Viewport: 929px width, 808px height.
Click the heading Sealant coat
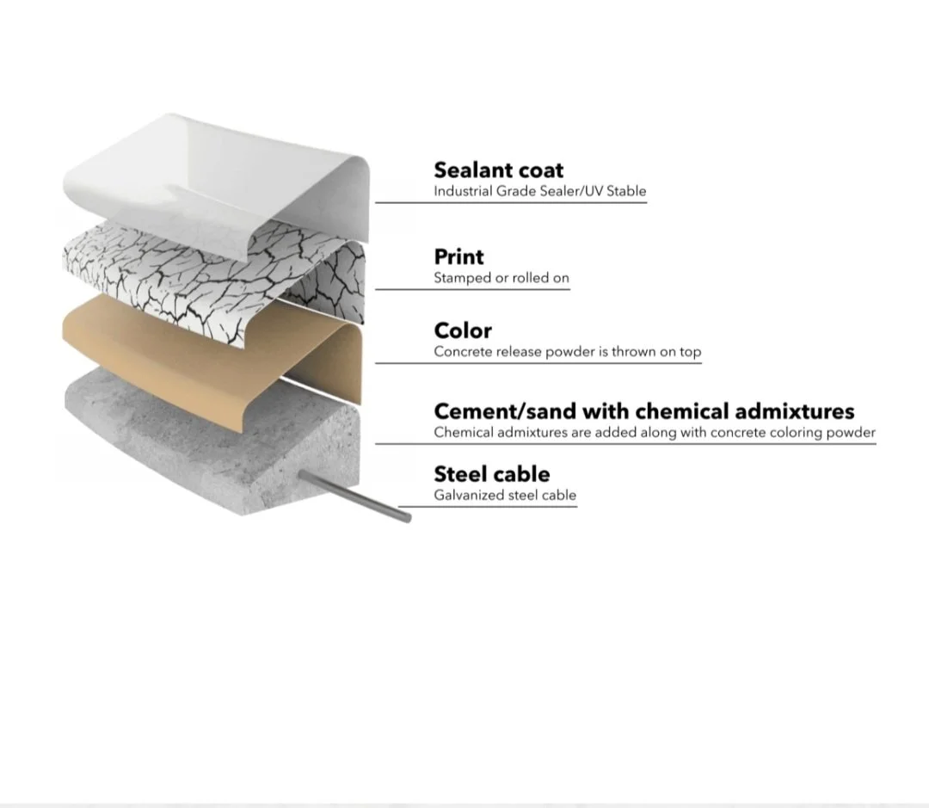(499, 170)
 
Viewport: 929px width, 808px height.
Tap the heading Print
(458, 256)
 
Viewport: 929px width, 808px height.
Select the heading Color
(463, 330)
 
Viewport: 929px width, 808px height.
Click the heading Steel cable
(491, 474)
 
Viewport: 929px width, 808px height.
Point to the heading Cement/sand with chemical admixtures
(643, 410)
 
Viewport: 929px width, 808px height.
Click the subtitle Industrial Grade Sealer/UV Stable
(539, 191)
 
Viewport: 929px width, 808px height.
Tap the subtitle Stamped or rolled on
(501, 278)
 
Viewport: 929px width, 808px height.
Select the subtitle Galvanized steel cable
(505, 495)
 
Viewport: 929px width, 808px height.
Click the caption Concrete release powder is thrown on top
(567, 351)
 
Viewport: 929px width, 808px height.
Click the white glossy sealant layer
(215, 172)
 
